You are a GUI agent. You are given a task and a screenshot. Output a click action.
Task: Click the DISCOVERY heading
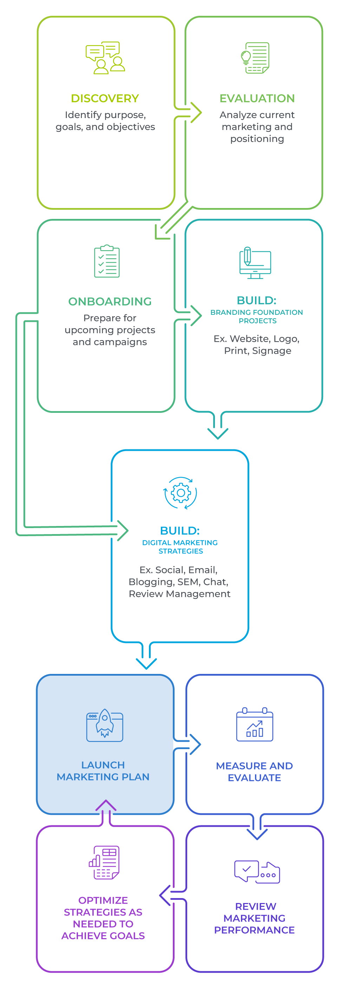(105, 98)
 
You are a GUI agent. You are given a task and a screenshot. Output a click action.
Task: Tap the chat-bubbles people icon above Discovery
(105, 58)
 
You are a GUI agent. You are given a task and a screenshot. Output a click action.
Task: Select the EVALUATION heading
(257, 98)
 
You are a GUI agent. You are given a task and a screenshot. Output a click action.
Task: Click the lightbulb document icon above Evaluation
(255, 58)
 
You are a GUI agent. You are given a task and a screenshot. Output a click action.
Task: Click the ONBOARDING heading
(110, 301)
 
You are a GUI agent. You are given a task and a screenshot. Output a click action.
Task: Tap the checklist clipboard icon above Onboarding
(107, 261)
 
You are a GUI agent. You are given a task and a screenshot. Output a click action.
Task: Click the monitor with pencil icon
(255, 263)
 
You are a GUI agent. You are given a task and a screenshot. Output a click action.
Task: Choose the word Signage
(277, 351)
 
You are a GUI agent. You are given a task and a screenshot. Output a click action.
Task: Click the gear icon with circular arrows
(180, 493)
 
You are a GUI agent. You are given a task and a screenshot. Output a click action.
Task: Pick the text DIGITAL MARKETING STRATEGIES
(180, 547)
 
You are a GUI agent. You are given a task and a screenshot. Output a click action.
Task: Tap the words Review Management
(180, 594)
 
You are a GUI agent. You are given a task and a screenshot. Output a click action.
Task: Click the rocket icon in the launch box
(105, 725)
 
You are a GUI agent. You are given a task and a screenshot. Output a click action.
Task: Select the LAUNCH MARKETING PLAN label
(103, 771)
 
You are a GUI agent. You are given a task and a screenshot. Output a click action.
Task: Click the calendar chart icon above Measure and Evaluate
(255, 724)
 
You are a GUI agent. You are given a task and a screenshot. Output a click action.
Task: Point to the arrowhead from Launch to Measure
(196, 744)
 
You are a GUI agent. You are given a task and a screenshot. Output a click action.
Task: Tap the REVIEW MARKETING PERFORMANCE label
(255, 918)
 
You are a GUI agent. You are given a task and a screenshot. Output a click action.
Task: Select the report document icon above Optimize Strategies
(104, 863)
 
